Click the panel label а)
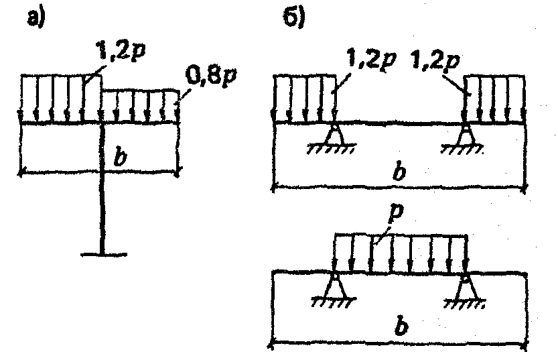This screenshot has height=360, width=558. point(37,18)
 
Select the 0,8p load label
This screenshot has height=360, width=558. point(211,77)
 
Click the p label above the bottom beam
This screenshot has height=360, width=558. point(396,213)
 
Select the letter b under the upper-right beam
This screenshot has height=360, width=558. point(399,172)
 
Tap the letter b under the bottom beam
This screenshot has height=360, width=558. point(401,326)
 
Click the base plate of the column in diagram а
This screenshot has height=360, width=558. point(103,254)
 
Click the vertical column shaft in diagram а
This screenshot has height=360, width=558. point(102,189)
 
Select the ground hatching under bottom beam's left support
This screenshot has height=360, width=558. point(334,302)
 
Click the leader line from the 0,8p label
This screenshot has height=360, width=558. point(184,95)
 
